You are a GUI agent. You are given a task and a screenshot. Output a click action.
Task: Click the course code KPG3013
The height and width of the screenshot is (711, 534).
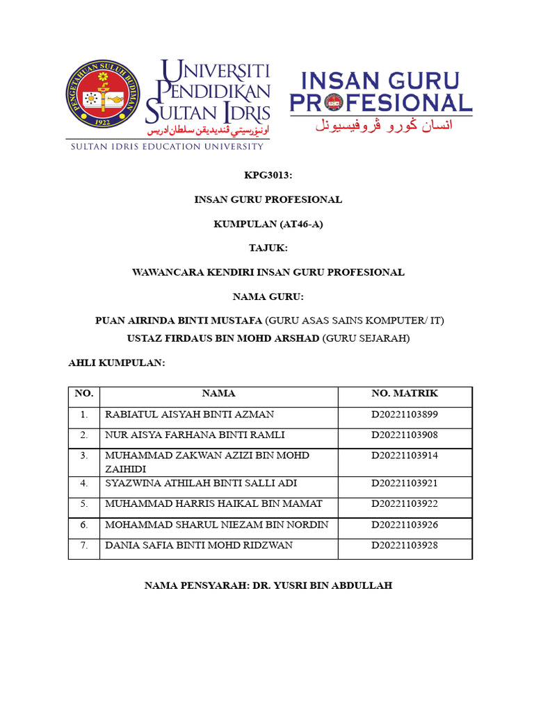click(267, 176)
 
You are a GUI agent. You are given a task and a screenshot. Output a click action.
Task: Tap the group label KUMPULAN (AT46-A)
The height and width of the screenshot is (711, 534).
click(267, 224)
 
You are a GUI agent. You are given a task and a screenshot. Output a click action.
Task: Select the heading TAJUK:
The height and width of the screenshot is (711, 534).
click(267, 248)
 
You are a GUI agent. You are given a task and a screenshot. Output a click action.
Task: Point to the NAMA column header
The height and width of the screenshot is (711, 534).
click(218, 394)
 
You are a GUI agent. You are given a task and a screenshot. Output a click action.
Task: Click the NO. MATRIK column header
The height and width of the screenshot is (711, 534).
click(405, 394)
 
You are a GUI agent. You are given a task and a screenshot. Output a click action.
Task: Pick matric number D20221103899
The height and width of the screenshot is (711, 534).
click(405, 415)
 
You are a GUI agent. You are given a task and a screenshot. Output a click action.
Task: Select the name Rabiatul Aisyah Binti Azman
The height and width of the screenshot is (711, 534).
click(189, 415)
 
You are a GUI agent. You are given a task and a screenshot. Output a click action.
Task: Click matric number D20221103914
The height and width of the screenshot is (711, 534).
click(405, 455)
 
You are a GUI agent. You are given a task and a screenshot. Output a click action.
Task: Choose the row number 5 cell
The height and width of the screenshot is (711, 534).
click(84, 503)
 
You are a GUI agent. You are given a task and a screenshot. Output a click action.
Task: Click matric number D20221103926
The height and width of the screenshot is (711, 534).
click(405, 524)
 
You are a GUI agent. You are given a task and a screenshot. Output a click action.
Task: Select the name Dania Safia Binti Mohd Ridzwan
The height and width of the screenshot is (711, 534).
click(199, 545)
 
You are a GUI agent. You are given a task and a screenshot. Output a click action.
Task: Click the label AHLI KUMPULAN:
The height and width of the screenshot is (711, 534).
click(116, 363)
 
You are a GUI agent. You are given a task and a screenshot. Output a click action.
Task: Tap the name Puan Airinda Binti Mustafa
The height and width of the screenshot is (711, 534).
click(179, 321)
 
